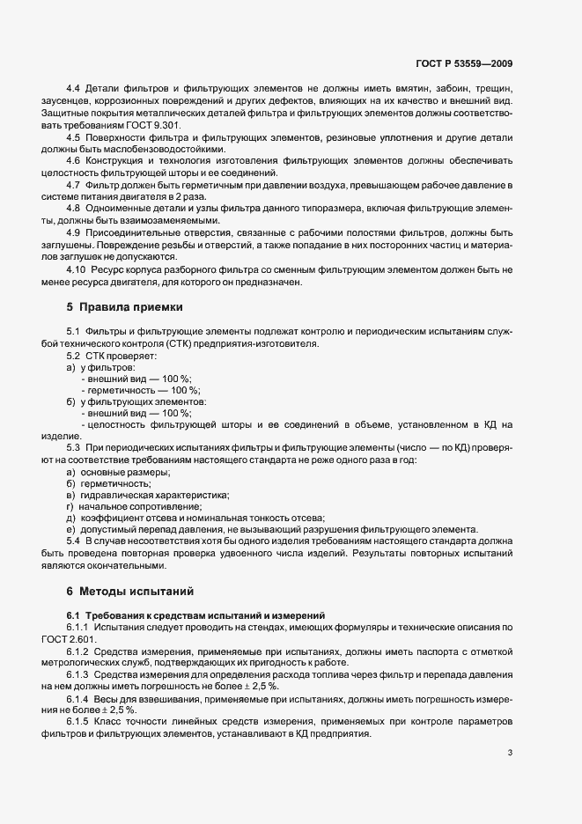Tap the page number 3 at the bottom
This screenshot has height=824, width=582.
coord(510,753)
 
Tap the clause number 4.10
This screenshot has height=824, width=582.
coord(77,269)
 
